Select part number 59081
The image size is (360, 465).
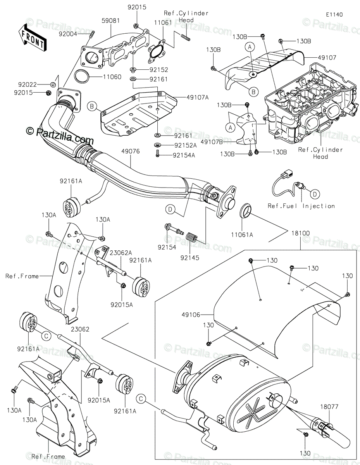click(x=110, y=21)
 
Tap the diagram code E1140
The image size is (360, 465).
click(x=334, y=15)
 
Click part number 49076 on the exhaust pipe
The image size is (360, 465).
click(x=131, y=151)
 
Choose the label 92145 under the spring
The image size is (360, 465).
click(x=190, y=258)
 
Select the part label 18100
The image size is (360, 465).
click(x=300, y=233)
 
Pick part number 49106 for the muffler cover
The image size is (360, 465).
click(x=191, y=315)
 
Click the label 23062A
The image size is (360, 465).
click(x=121, y=253)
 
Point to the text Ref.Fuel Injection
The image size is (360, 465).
click(x=301, y=206)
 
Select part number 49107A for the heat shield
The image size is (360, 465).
click(x=197, y=97)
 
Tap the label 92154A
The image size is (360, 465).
click(x=184, y=155)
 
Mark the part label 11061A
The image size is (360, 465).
click(x=242, y=235)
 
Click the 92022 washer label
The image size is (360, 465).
click(x=28, y=84)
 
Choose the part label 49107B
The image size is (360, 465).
click(x=212, y=142)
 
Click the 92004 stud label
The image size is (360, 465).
click(x=68, y=34)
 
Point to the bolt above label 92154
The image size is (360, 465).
click(x=174, y=228)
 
